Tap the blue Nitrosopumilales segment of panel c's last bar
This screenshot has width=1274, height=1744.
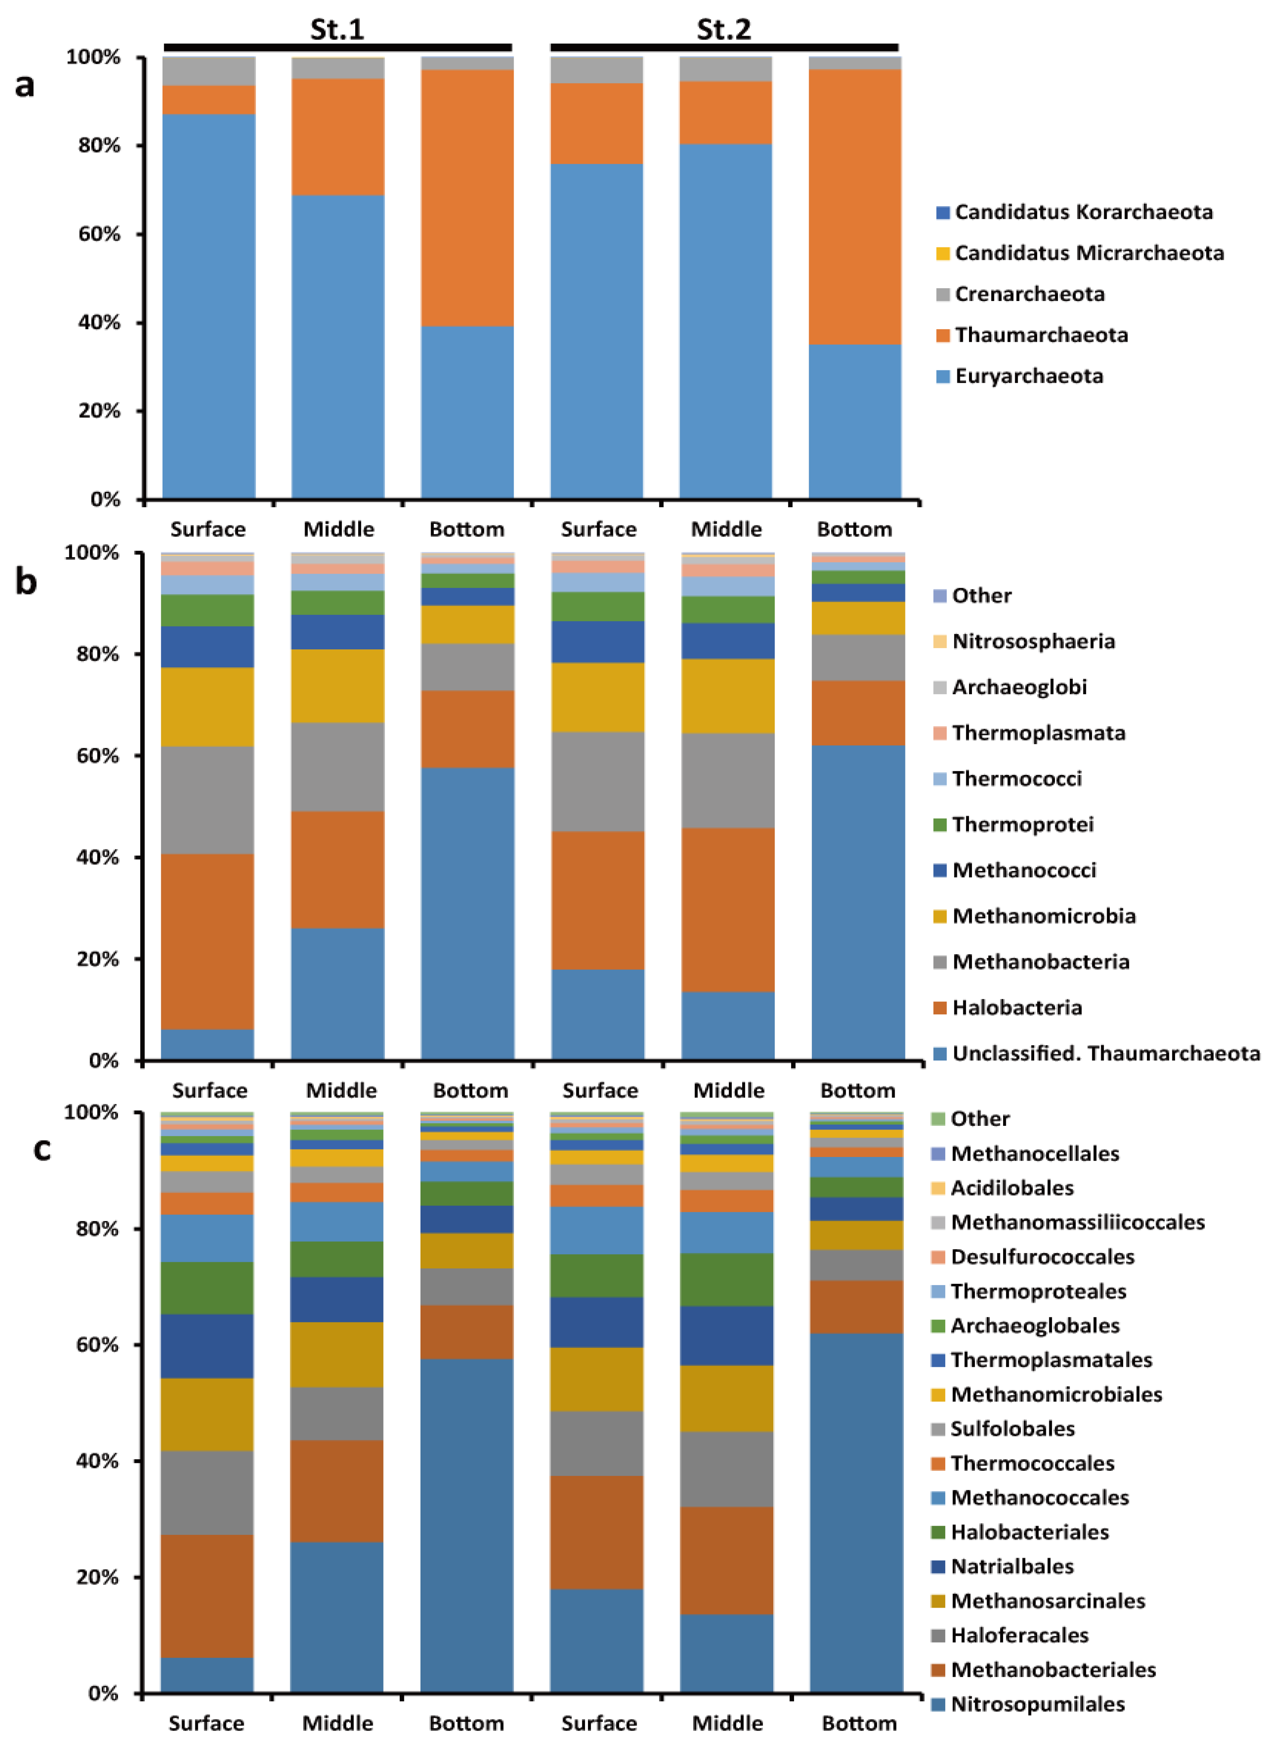[856, 1512]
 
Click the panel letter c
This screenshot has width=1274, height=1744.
[42, 1149]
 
